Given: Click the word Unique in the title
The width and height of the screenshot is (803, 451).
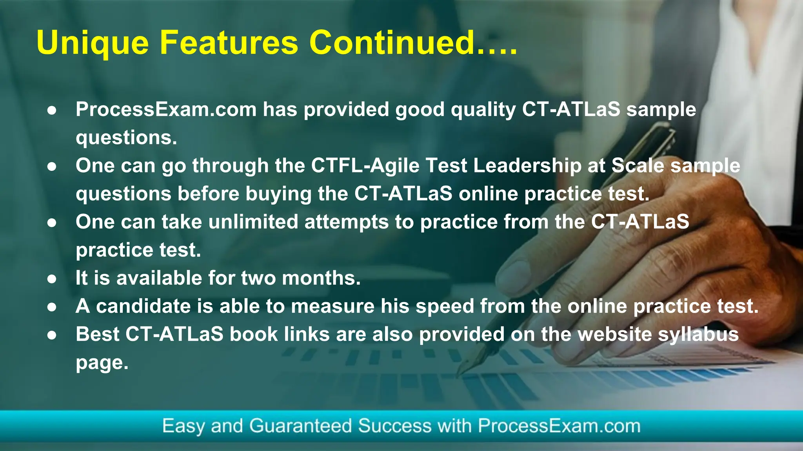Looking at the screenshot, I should coord(93,43).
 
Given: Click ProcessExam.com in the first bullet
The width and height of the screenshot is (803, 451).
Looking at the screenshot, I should coord(166,109).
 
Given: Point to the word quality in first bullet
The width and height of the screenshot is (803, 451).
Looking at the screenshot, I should coord(483,110).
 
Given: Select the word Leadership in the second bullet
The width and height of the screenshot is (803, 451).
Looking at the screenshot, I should coord(527,166).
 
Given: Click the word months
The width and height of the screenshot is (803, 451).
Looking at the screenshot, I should coord(321,278).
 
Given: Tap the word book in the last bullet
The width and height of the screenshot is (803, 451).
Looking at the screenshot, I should coord(253,334).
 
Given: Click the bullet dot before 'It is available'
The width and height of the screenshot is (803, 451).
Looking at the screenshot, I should coord(52,279).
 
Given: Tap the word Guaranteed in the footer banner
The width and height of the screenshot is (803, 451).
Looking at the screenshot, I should coord(300,426).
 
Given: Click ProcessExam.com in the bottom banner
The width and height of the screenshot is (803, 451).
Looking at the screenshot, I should coord(559,426).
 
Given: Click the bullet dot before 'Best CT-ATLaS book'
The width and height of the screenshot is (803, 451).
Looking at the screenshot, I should coord(52,335).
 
